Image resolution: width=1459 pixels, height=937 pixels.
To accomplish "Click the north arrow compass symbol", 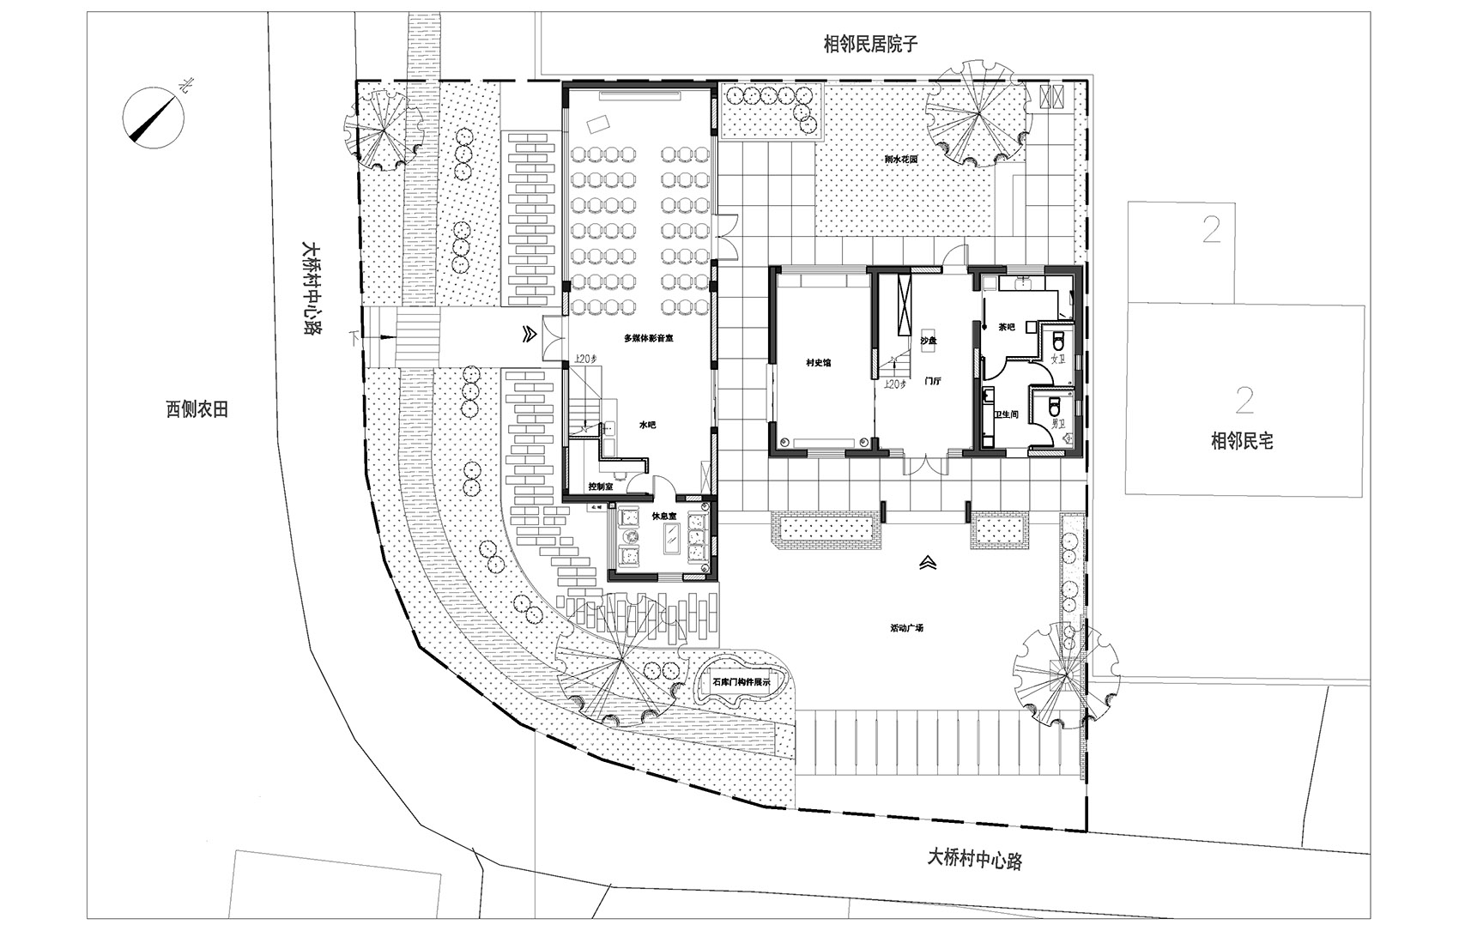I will [x=153, y=117].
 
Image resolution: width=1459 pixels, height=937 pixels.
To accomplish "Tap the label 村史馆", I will [x=817, y=363].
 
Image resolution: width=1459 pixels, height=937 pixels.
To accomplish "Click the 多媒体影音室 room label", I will [x=648, y=338].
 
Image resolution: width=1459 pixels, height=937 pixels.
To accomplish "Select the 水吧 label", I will [x=646, y=425].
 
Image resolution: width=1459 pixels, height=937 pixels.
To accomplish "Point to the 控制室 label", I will [x=600, y=487].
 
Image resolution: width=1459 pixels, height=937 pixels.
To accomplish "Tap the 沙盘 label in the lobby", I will [x=929, y=341].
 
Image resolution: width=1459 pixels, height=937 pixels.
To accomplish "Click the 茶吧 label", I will [x=1007, y=327].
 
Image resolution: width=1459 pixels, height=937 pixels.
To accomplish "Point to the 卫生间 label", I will [x=1005, y=414].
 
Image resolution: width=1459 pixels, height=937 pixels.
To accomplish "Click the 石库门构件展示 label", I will [x=743, y=683].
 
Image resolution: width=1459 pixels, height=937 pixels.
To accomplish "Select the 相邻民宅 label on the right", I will [x=1241, y=442].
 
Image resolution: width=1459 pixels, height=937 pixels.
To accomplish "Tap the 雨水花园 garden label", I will [x=902, y=160].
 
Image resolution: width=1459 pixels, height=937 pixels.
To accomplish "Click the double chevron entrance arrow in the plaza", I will [x=927, y=563].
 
